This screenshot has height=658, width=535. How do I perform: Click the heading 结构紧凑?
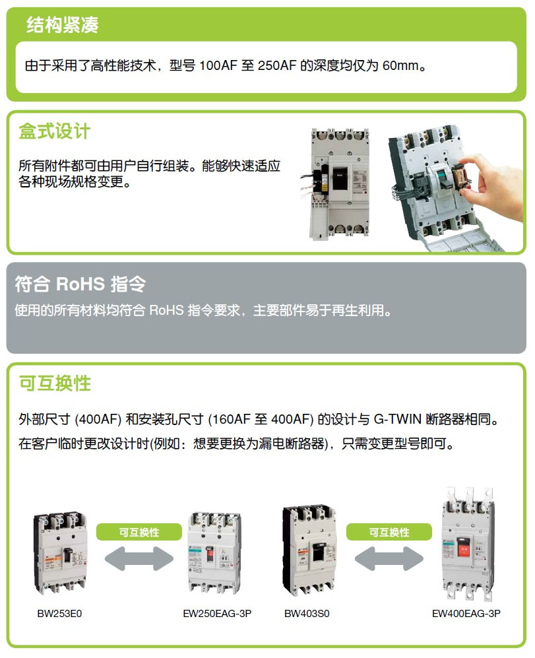click(x=63, y=25)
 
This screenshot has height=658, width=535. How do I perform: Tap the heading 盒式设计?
click(x=54, y=131)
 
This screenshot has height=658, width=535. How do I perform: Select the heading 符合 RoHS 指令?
click(x=80, y=284)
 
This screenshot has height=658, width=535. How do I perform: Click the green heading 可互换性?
click(x=55, y=383)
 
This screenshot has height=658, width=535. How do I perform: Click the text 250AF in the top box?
click(x=277, y=65)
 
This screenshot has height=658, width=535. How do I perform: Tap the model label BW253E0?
click(x=59, y=614)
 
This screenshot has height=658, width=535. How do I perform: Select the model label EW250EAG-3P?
click(x=217, y=614)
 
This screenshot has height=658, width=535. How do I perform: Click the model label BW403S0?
click(x=307, y=614)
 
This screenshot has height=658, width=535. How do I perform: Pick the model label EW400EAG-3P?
click(x=466, y=614)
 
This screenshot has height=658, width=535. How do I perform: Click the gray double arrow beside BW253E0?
click(x=139, y=558)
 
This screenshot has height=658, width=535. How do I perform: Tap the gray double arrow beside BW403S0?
click(x=389, y=558)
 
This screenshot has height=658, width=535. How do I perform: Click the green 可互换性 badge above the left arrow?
click(x=139, y=532)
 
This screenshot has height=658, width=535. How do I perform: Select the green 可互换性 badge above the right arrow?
click(x=389, y=532)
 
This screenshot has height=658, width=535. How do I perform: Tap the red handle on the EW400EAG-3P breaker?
click(x=464, y=548)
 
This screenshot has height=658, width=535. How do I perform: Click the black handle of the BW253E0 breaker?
click(x=67, y=555)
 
